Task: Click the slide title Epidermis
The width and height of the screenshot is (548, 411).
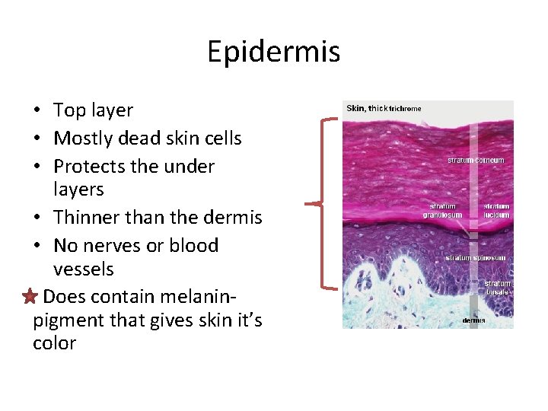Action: [273, 52]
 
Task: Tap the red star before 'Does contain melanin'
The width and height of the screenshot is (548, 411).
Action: [29, 297]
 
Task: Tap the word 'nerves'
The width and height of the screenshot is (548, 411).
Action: [111, 246]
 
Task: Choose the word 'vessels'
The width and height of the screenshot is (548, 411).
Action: [84, 269]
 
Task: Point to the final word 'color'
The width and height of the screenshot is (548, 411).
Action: [54, 343]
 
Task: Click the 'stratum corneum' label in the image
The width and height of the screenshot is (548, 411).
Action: [476, 161]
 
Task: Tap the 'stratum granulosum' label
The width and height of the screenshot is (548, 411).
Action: [442, 211]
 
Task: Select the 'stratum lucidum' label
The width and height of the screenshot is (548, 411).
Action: [496, 211]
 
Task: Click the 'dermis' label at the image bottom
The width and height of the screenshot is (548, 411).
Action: [474, 320]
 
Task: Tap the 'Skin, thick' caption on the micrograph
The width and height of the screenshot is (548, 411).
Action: [367, 108]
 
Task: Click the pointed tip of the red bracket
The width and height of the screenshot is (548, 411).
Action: [307, 203]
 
